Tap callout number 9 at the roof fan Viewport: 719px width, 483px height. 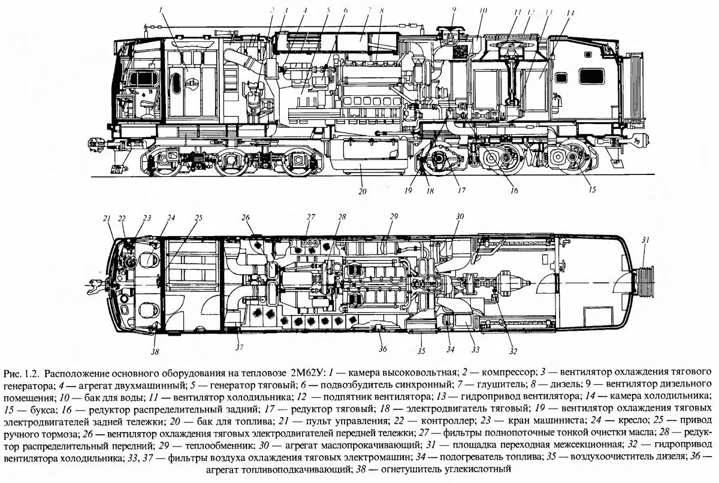click(454, 9)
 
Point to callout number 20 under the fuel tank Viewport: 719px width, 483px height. click(361, 192)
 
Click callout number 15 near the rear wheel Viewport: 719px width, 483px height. click(593, 191)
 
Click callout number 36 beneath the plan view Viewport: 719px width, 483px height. click(383, 349)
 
